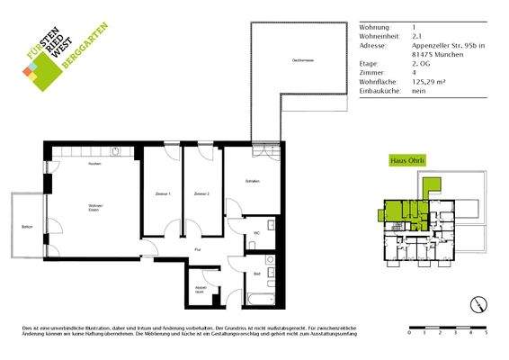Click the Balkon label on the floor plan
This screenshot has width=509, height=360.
click(x=26, y=227)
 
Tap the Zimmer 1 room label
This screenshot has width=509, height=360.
click(x=163, y=194)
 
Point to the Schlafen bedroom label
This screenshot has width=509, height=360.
click(x=253, y=182)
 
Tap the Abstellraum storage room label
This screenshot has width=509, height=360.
click(x=201, y=290)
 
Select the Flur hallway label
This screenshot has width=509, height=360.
click(x=197, y=249)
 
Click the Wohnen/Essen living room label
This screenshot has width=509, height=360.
click(x=95, y=211)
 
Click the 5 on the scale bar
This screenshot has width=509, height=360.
click(x=486, y=333)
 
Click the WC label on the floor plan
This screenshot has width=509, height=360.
click(x=256, y=234)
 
